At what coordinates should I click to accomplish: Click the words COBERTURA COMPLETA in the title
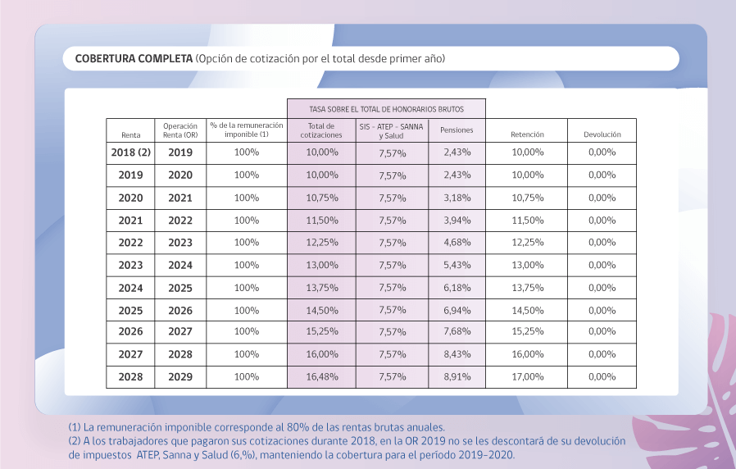coord(134,59)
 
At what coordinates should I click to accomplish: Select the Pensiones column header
coord(457,130)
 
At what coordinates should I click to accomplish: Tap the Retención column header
coord(527,134)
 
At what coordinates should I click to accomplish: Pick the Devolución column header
coord(602,134)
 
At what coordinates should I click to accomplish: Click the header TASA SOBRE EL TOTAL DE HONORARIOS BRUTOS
coord(386,109)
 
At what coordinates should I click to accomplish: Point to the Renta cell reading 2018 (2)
coord(131,153)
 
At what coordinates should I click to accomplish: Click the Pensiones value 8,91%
coord(457,376)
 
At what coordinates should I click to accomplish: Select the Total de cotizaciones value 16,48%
coord(322,376)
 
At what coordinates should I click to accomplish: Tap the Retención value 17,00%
coord(528,376)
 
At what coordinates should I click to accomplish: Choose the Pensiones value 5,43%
coord(457,265)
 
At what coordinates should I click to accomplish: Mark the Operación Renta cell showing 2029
coord(180,376)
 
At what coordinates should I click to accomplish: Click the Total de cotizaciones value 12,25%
coord(322,242)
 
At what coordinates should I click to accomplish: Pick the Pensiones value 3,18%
coord(457,198)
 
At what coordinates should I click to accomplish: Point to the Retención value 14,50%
coord(528,310)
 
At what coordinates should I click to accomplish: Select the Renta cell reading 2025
coord(130,310)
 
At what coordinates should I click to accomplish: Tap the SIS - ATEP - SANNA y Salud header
coord(392,131)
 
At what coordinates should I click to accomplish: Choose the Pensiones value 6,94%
coord(457,310)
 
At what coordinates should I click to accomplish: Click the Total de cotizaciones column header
coord(321,130)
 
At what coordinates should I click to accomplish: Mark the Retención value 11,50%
coord(528,221)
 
